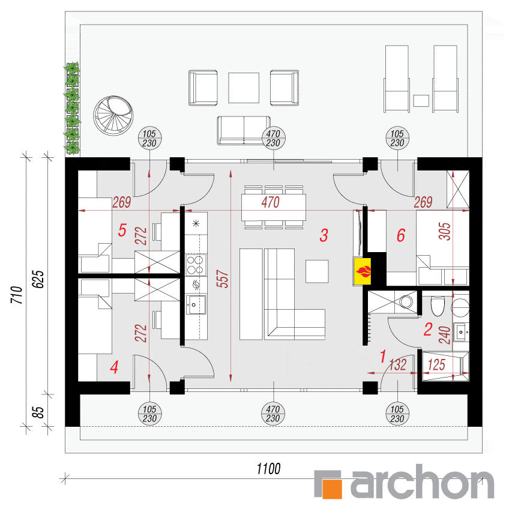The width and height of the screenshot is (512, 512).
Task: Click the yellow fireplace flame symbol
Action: (362, 272)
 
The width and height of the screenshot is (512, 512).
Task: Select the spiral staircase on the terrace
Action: (113, 116)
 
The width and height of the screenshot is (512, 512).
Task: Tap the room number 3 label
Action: (324, 235)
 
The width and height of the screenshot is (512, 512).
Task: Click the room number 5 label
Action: (122, 230)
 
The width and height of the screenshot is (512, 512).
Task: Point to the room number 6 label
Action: (401, 235)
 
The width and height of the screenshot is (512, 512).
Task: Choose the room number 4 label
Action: (114, 367)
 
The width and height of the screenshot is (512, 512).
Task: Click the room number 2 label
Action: (428, 330)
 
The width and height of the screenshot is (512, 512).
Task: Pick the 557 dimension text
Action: (223, 279)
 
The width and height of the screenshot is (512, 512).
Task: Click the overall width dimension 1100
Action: (268, 469)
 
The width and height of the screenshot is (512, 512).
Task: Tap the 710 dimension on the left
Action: (17, 295)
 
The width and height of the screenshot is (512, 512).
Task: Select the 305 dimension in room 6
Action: (445, 231)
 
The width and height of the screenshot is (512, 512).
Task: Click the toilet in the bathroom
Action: (438, 306)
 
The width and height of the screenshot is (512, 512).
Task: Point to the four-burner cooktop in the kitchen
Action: (195, 265)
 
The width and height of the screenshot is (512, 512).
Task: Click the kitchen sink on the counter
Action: (196, 305)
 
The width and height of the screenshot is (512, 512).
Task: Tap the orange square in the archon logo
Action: (332, 489)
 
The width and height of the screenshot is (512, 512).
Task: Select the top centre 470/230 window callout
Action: (273, 138)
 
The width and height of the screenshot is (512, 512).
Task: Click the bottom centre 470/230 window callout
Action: (273, 414)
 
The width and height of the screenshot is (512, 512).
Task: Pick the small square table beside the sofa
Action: (317, 271)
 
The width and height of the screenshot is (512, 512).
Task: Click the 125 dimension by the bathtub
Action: (436, 365)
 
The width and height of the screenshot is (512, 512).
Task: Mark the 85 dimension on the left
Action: (38, 412)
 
